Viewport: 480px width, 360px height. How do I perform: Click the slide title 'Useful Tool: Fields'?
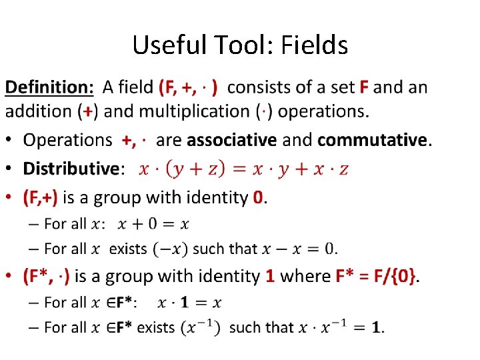240,45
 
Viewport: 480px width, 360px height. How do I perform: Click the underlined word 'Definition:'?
50,87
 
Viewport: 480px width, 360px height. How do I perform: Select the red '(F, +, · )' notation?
192,87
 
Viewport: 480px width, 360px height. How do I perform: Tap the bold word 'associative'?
233,140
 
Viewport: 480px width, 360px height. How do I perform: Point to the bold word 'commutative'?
373,140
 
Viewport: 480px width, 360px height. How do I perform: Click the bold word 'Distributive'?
70,169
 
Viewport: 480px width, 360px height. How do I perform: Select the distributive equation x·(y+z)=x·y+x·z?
243,169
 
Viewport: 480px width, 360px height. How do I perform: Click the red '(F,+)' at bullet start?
40,197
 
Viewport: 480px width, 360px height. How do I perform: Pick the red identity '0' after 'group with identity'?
259,197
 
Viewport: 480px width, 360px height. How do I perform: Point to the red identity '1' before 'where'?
270,276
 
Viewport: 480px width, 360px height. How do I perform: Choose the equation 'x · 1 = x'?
189,303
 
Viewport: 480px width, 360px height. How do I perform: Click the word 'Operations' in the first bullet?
67,140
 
